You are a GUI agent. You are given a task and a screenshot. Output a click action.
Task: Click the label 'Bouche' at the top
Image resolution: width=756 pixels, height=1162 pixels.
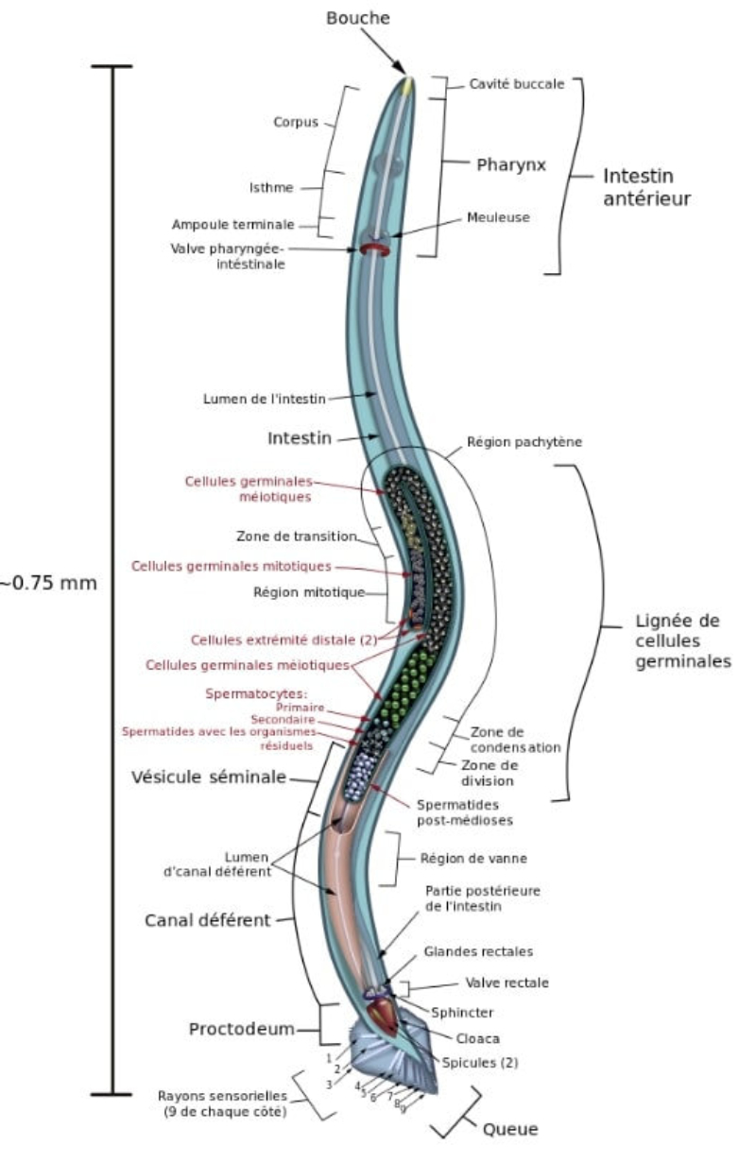(358, 18)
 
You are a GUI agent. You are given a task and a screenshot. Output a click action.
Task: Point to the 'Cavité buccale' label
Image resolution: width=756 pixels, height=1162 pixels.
(516, 84)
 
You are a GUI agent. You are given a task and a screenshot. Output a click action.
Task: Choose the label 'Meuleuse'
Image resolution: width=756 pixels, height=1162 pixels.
(498, 217)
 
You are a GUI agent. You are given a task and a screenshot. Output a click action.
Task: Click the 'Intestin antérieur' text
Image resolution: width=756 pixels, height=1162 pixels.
(647, 187)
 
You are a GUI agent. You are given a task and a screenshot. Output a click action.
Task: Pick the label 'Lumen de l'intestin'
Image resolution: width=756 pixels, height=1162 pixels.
(265, 399)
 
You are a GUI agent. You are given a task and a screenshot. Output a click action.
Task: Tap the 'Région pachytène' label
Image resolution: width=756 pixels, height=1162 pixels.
(524, 441)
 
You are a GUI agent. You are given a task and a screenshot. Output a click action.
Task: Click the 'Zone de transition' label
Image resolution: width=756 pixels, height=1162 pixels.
(296, 537)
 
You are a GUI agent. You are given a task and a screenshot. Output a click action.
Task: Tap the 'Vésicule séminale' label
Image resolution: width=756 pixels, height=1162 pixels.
(208, 778)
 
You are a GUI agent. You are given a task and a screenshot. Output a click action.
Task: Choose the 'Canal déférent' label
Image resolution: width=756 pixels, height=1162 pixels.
(208, 919)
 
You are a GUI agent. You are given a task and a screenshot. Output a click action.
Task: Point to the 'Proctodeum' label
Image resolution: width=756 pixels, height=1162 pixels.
(241, 1029)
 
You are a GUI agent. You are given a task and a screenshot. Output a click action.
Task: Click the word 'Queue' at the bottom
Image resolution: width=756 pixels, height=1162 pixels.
(510, 1129)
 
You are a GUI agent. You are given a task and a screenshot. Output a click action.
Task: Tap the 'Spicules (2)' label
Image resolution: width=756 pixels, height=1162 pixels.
(480, 1063)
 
